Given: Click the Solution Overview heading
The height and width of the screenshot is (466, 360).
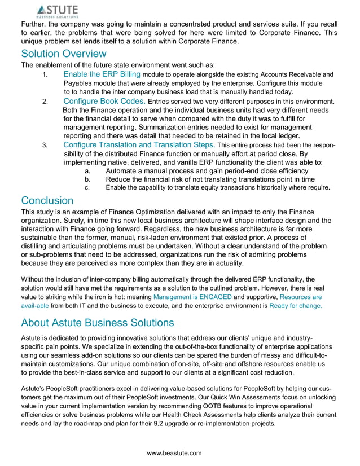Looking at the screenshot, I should (63, 54).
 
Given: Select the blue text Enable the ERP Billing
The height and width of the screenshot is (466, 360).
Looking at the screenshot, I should (102, 74).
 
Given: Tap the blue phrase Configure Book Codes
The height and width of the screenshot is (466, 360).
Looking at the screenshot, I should (104, 102).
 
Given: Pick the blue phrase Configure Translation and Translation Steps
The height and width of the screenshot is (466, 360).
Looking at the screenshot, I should (139, 145).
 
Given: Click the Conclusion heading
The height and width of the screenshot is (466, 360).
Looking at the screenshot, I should (47, 201).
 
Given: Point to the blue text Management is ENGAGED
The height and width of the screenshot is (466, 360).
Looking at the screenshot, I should (192, 297).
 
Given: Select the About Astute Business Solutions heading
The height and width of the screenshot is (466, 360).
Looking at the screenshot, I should (97, 323).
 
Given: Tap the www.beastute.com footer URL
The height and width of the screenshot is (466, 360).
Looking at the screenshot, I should (174, 453).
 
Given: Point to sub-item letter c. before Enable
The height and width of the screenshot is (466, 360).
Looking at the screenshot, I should (87, 188).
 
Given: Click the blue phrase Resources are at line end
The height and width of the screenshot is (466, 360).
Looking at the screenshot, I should (301, 297).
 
